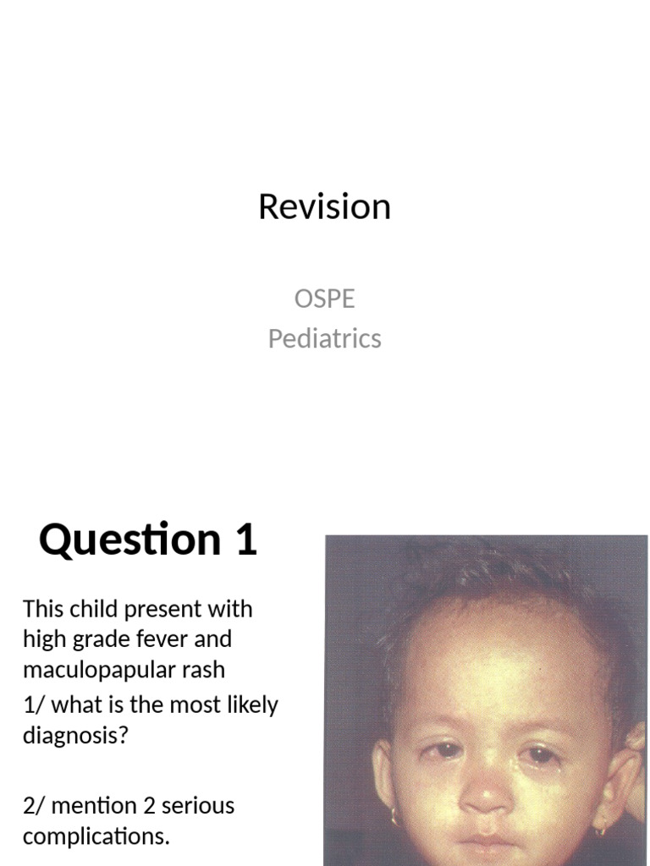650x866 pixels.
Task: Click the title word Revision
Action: (324, 206)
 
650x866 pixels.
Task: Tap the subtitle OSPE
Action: (324, 299)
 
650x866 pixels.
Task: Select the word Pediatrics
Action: (324, 338)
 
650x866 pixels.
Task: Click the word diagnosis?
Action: (75, 735)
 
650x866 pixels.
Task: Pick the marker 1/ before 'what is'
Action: (33, 704)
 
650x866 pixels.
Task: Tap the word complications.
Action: (96, 836)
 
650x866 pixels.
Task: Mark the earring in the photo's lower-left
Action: (395, 816)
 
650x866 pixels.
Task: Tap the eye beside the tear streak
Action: (539, 755)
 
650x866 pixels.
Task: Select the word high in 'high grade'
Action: (42, 639)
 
